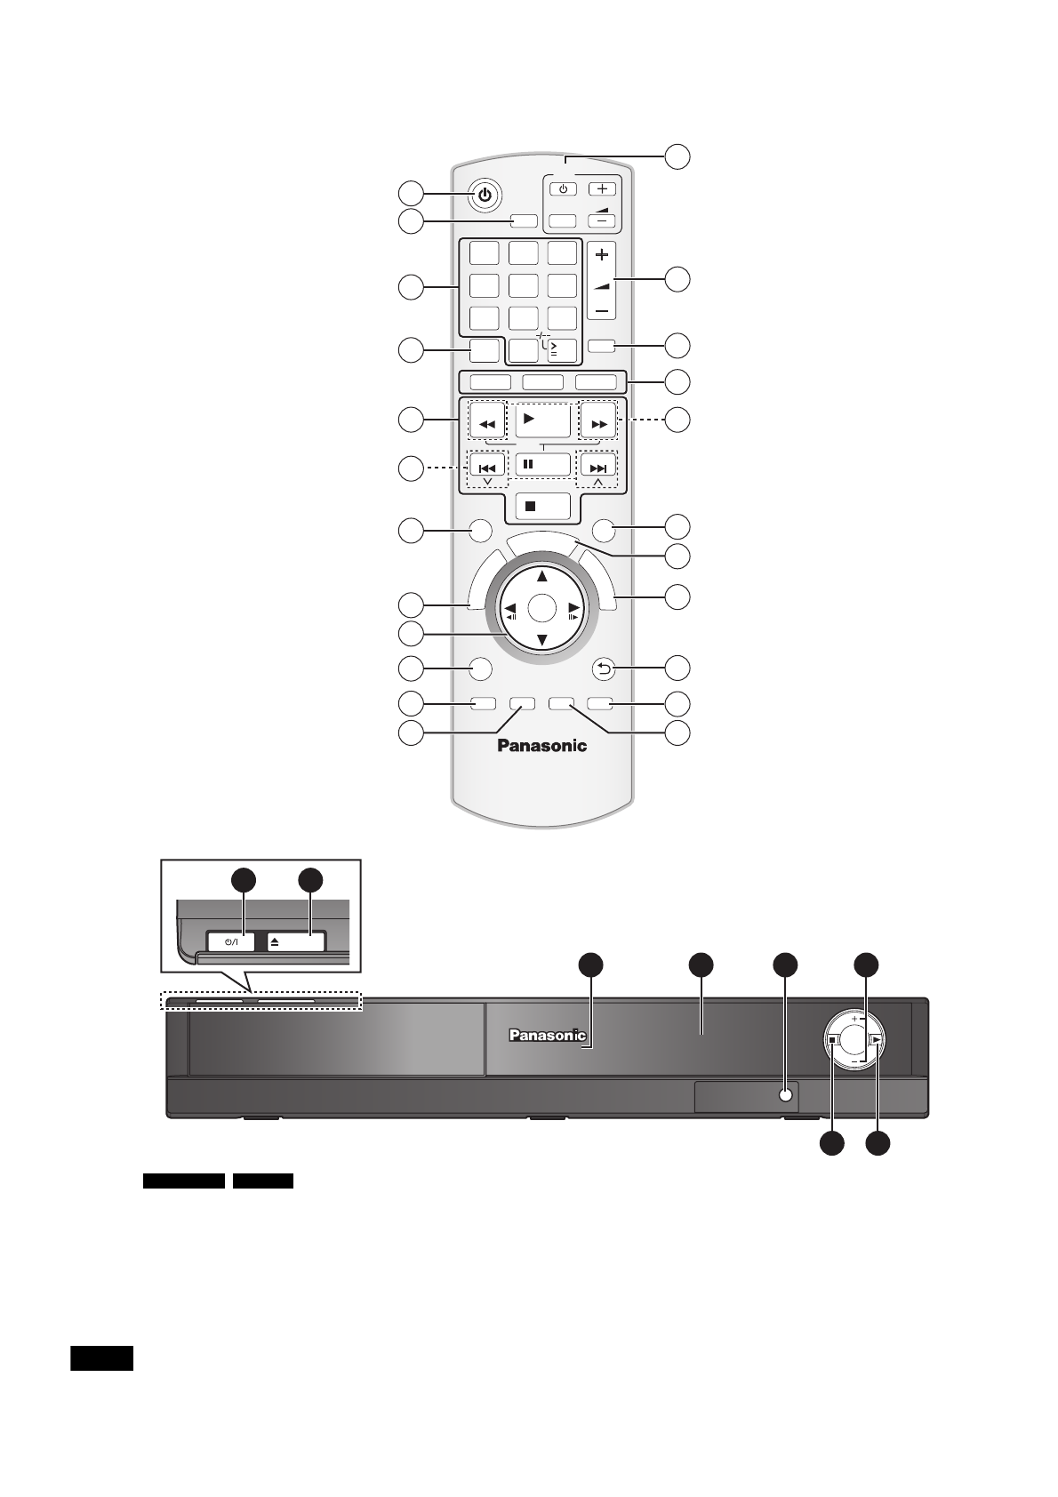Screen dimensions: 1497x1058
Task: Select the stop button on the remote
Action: click(x=541, y=505)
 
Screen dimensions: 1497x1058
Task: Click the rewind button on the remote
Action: click(x=486, y=424)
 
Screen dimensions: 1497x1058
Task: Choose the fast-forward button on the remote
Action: click(x=598, y=424)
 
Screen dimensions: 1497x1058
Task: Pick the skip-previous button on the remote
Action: click(x=486, y=468)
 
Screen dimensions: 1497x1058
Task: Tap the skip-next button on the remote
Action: click(x=598, y=468)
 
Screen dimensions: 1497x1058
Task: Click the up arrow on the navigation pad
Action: click(x=541, y=576)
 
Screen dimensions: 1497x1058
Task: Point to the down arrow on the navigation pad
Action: click(x=541, y=640)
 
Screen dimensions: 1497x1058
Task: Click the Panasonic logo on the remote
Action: click(x=541, y=746)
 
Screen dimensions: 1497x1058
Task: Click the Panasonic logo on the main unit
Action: click(x=547, y=1035)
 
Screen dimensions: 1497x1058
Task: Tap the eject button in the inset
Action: click(x=296, y=941)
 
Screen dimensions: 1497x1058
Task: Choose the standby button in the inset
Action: click(x=231, y=941)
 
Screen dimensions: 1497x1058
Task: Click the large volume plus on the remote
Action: click(x=602, y=255)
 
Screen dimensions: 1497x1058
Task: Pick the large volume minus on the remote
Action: click(x=602, y=311)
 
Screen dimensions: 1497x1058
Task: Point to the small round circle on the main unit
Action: click(x=784, y=1096)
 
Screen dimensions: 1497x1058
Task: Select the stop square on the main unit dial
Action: click(x=831, y=1038)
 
